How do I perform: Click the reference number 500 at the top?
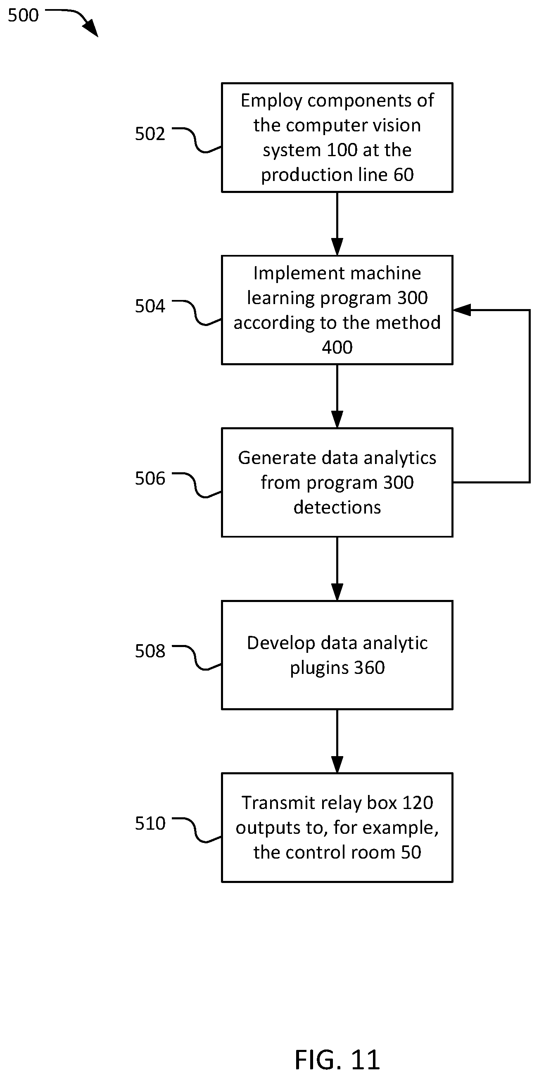click(x=23, y=15)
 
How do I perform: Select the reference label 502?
click(x=150, y=134)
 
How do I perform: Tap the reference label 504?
click(x=150, y=306)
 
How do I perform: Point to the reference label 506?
click(x=150, y=479)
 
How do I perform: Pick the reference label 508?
click(x=150, y=651)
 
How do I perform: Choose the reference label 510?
click(x=150, y=823)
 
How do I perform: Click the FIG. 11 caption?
click(x=337, y=1060)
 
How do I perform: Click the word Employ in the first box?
click(x=272, y=101)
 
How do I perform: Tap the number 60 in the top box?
click(x=404, y=174)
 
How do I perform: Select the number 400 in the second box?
click(x=337, y=347)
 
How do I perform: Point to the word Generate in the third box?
click(x=273, y=458)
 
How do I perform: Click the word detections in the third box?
click(x=337, y=507)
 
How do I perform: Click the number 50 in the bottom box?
click(x=411, y=852)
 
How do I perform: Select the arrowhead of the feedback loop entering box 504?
click(x=462, y=310)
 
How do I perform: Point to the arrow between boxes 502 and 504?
click(x=337, y=224)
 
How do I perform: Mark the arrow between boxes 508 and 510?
click(x=337, y=741)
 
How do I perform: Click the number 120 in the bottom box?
click(x=417, y=803)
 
